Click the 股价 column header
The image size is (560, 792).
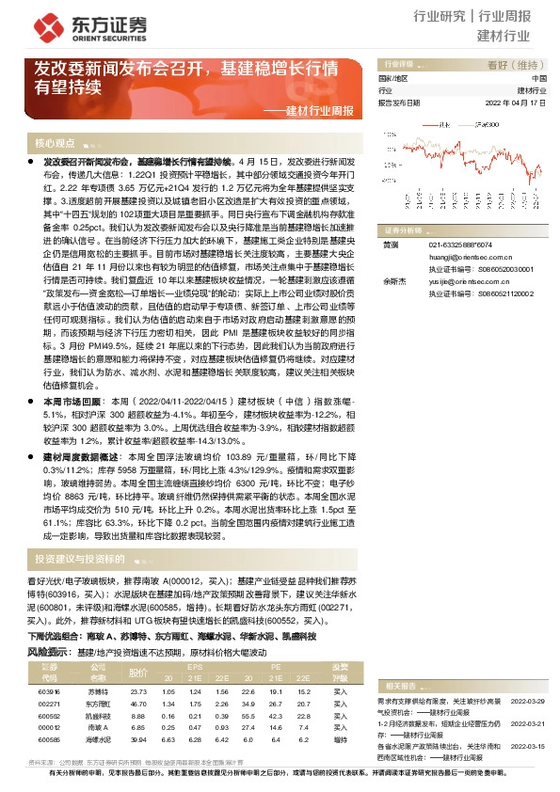pyautogui.click(x=138, y=672)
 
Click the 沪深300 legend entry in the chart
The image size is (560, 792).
pyautogui.click(x=487, y=123)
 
